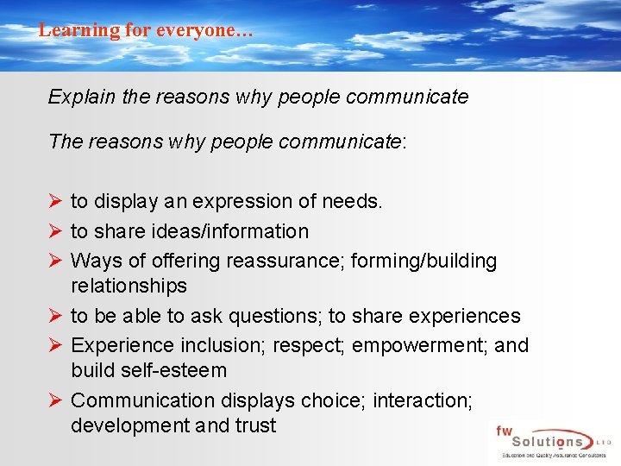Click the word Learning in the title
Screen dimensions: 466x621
click(68, 30)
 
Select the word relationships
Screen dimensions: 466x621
click(129, 286)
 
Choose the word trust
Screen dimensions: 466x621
click(254, 425)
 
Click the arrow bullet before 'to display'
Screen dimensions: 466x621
click(55, 202)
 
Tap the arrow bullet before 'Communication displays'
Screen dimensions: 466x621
click(55, 400)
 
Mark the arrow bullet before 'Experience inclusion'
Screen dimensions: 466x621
click(55, 345)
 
